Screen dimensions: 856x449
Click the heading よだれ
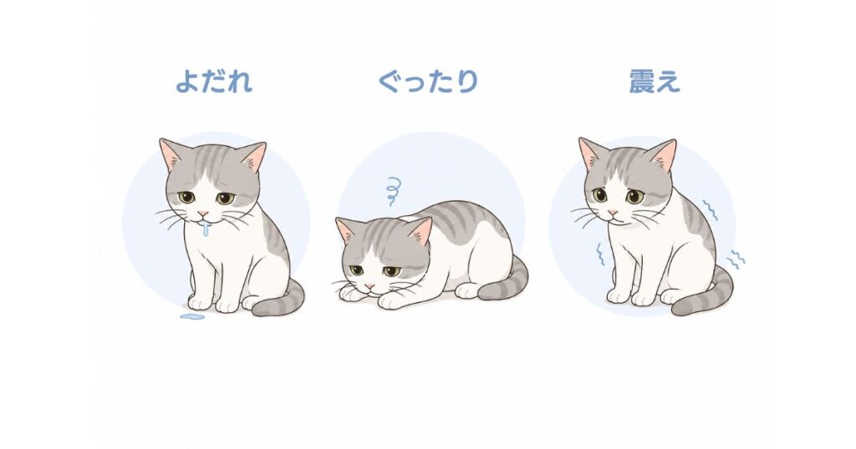coord(214,82)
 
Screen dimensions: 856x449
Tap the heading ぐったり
coord(429,82)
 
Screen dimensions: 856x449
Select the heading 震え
coord(655,82)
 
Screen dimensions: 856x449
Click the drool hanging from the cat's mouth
coord(205,229)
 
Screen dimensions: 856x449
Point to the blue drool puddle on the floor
coord(192,316)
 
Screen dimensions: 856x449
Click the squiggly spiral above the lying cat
coord(391,191)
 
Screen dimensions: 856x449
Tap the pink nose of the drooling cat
coord(202,214)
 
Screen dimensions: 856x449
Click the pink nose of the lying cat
coord(369,286)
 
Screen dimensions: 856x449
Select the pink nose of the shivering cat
coord(613,212)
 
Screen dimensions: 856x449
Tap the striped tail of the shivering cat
coord(704,297)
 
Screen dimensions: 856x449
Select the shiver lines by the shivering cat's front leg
coord(600,254)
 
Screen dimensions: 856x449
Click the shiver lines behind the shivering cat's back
coord(710,209)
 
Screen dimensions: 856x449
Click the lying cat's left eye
coord(356,270)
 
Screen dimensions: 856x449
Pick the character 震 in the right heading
coord(641,82)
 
